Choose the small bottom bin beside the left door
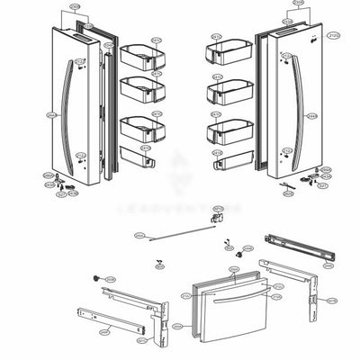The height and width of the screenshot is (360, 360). pyautogui.click(x=140, y=163)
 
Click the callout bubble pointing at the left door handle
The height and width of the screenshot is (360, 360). pyautogui.click(x=50, y=115)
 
